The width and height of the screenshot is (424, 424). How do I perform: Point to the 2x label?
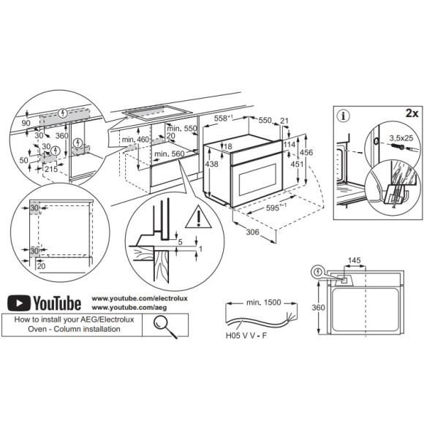pyautogui.click(x=411, y=115)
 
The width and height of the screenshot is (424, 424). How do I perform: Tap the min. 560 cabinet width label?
pyautogui.click(x=169, y=154)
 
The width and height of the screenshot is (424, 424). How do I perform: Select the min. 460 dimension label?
pyautogui.click(x=136, y=139)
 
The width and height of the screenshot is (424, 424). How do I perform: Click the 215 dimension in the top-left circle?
pyautogui.click(x=50, y=169)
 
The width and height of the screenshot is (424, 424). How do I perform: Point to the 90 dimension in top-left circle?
pyautogui.click(x=26, y=124)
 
